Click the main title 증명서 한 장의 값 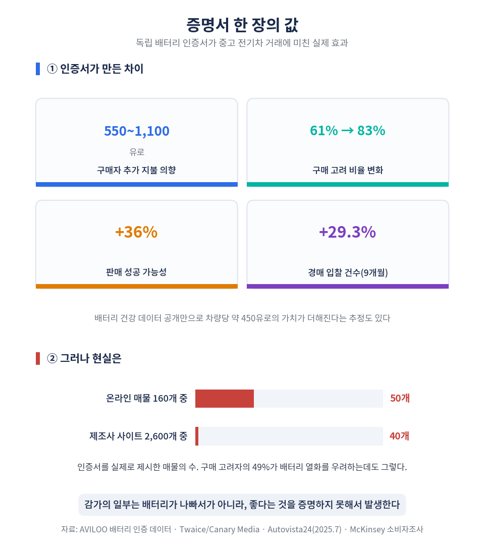tap(242, 25)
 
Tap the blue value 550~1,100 tap(137, 131)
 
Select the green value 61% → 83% tap(348, 131)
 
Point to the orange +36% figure tap(136, 232)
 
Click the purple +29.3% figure tap(348, 232)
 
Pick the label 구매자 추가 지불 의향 tap(136, 170)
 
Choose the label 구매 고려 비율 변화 tap(348, 170)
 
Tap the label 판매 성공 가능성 tap(136, 272)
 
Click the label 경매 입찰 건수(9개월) tap(348, 272)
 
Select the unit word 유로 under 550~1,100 tap(137, 152)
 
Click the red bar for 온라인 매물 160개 tap(225, 399)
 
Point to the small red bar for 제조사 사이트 tap(197, 436)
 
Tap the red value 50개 tap(400, 398)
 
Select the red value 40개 tap(400, 436)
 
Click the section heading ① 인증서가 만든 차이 tap(95, 69)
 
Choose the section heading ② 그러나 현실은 tap(84, 358)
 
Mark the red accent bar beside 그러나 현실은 tap(38, 358)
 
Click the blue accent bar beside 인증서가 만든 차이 tap(38, 69)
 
